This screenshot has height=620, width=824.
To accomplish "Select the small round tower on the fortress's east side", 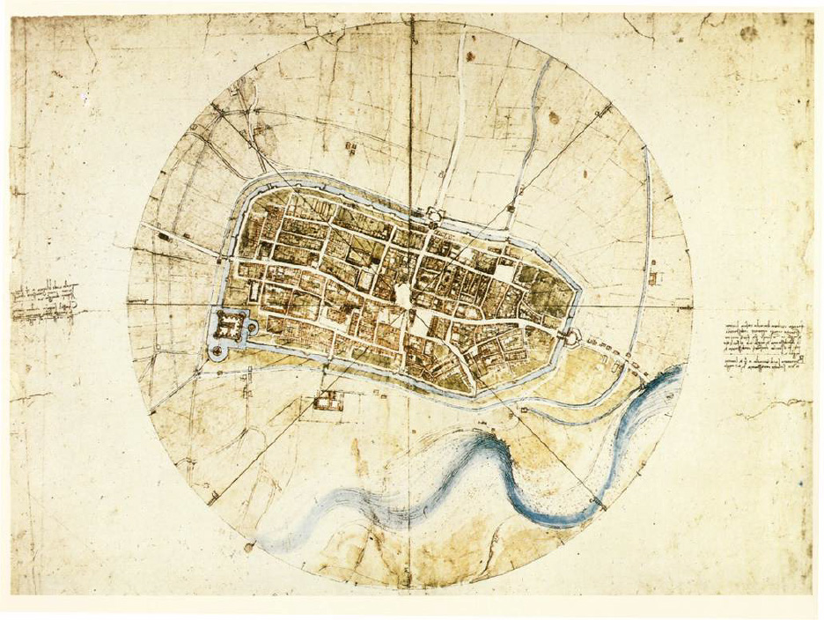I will (x=253, y=328).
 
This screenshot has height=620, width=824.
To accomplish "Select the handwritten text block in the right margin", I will (x=764, y=346).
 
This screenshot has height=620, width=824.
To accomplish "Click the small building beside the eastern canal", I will (x=653, y=278).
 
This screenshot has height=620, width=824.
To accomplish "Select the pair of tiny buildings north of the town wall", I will (x=352, y=149).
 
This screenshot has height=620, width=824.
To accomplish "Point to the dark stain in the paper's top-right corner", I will (x=749, y=33).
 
